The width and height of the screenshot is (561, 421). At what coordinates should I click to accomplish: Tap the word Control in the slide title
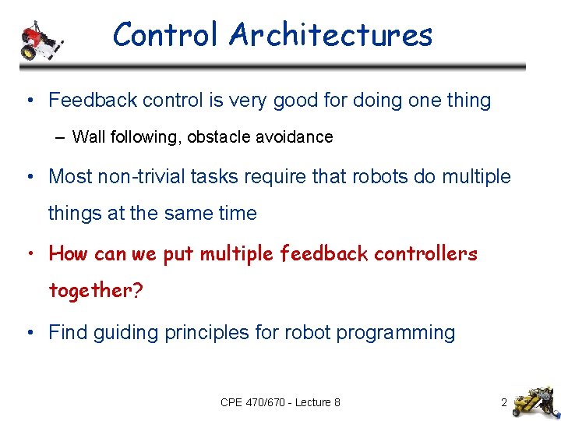pyautogui.click(x=167, y=35)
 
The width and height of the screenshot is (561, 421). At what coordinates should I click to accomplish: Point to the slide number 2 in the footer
pyautogui.click(x=504, y=403)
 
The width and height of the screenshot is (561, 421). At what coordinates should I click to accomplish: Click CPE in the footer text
pyautogui.click(x=232, y=403)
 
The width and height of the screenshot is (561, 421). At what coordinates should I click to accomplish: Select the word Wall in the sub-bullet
pyautogui.click(x=86, y=137)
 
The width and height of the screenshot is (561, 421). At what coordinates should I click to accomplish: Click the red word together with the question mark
pyautogui.click(x=95, y=291)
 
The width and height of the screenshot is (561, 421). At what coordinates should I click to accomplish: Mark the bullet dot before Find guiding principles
pyautogui.click(x=29, y=333)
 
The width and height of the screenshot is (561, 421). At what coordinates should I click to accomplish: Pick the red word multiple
pyautogui.click(x=237, y=253)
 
